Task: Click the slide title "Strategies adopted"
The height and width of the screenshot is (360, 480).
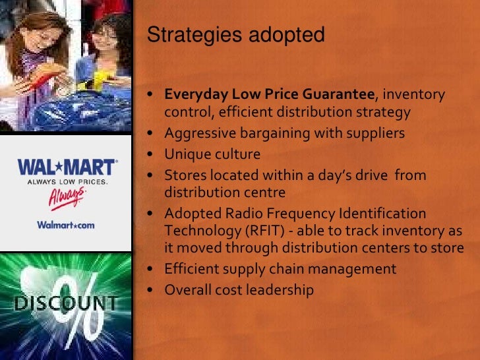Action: (235, 35)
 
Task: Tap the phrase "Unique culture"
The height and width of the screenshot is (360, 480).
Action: (212, 154)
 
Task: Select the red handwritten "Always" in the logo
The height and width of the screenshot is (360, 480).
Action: (67, 197)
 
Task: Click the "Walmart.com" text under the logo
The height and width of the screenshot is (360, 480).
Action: (65, 225)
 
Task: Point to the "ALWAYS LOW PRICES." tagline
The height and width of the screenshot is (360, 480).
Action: (67, 181)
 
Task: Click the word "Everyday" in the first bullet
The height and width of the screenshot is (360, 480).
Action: (193, 94)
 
